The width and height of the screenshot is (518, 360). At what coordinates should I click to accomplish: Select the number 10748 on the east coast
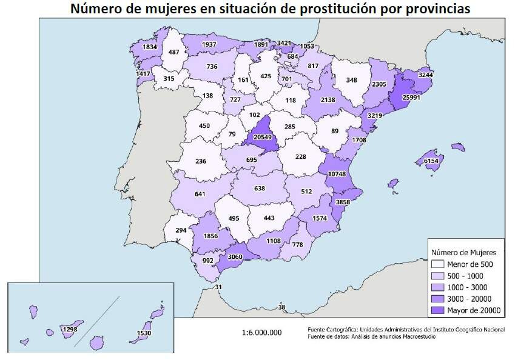(x=336, y=175)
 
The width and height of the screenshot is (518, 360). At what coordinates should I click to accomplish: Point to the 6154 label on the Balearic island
(x=431, y=161)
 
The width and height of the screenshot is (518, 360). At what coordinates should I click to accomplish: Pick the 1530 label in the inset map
(x=144, y=333)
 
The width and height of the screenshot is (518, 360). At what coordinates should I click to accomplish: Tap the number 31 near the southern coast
(x=219, y=287)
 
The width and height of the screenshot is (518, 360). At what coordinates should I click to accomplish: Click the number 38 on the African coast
(x=281, y=307)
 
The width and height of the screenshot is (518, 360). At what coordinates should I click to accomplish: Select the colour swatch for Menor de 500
(x=437, y=264)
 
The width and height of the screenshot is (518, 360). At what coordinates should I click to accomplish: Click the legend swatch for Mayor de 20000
(x=437, y=310)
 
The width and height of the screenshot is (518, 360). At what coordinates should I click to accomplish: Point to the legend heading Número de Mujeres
(x=464, y=252)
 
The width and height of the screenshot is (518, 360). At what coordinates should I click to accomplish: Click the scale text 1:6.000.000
(x=261, y=332)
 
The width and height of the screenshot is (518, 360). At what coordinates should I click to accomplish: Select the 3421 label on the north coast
(x=284, y=43)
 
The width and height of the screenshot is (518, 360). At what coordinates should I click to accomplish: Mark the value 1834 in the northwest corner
(x=149, y=47)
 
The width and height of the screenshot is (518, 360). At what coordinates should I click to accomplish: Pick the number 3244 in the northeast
(x=426, y=75)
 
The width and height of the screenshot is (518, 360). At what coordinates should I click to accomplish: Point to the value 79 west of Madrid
(x=232, y=134)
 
